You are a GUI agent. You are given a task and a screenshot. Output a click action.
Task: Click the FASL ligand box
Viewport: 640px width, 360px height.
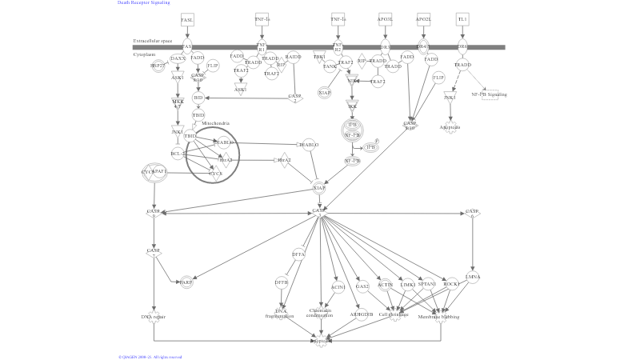tap(187, 19)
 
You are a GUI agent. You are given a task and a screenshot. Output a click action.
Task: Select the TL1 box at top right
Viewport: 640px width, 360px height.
tap(462, 19)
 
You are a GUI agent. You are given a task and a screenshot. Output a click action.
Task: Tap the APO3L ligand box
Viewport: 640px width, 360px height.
tap(385, 19)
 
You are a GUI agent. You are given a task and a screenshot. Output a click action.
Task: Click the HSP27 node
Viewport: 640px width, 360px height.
tap(158, 66)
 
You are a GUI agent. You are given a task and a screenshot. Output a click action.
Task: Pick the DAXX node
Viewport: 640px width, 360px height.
tap(178, 58)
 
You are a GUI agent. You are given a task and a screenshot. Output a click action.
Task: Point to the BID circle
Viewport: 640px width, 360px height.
tap(198, 98)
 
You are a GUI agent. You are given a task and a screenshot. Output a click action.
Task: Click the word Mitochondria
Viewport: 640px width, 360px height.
tap(216, 123)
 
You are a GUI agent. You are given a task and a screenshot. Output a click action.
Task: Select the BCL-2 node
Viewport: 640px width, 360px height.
tap(178, 153)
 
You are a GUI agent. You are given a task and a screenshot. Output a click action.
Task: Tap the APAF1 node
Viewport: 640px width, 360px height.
tap(159, 171)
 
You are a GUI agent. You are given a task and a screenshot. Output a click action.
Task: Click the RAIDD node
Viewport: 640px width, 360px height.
tap(294, 57)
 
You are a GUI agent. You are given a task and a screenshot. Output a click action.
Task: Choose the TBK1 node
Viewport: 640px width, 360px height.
tap(320, 57)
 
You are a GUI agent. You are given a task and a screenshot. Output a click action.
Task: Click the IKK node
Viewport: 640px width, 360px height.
tap(351, 106)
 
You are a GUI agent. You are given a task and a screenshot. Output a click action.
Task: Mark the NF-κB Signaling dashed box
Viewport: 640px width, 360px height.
tap(490, 94)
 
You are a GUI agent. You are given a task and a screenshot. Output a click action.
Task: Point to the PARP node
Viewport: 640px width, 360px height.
tap(186, 282)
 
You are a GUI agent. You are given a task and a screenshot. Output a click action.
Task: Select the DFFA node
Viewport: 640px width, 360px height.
tap(298, 254)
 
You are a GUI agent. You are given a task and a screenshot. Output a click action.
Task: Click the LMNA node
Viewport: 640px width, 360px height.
tap(473, 277)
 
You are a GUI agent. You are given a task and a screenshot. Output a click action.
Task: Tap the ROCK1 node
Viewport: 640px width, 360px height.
tap(452, 284)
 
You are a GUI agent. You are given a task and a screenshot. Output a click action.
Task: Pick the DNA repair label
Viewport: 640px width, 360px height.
tap(153, 317)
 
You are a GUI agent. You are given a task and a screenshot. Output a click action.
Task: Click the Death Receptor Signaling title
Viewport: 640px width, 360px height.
tap(144, 3)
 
